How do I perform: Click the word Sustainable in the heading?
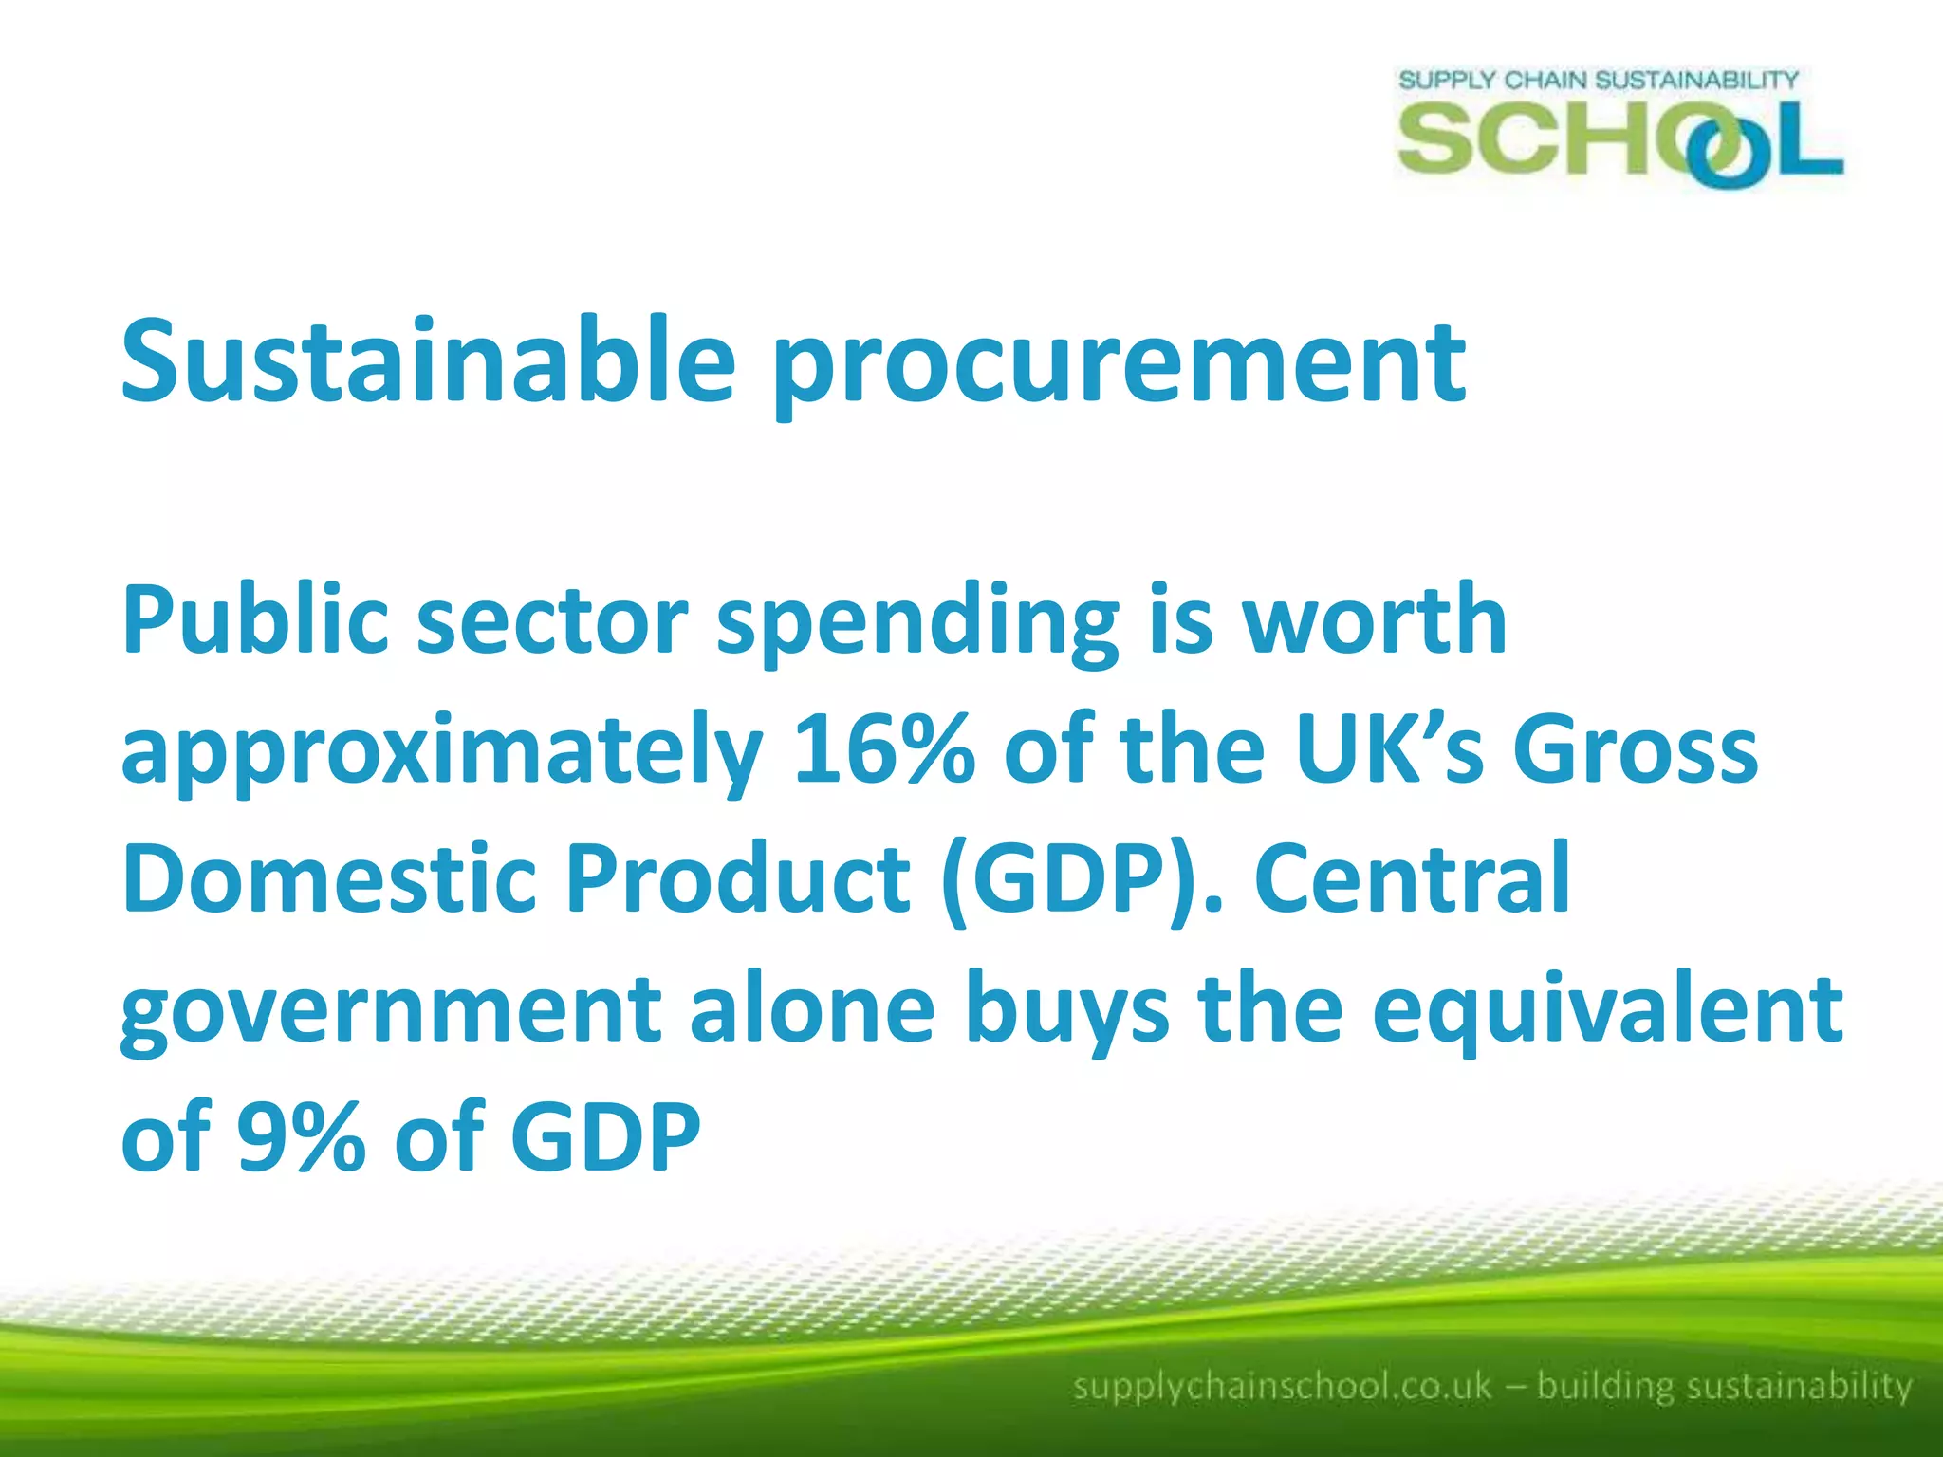(428, 360)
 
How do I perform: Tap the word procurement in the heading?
(1120, 365)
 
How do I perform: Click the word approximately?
(442, 754)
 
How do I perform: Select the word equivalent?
(1607, 1011)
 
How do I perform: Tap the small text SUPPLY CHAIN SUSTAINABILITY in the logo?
(1598, 80)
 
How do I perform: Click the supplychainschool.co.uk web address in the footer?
(1282, 1386)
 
